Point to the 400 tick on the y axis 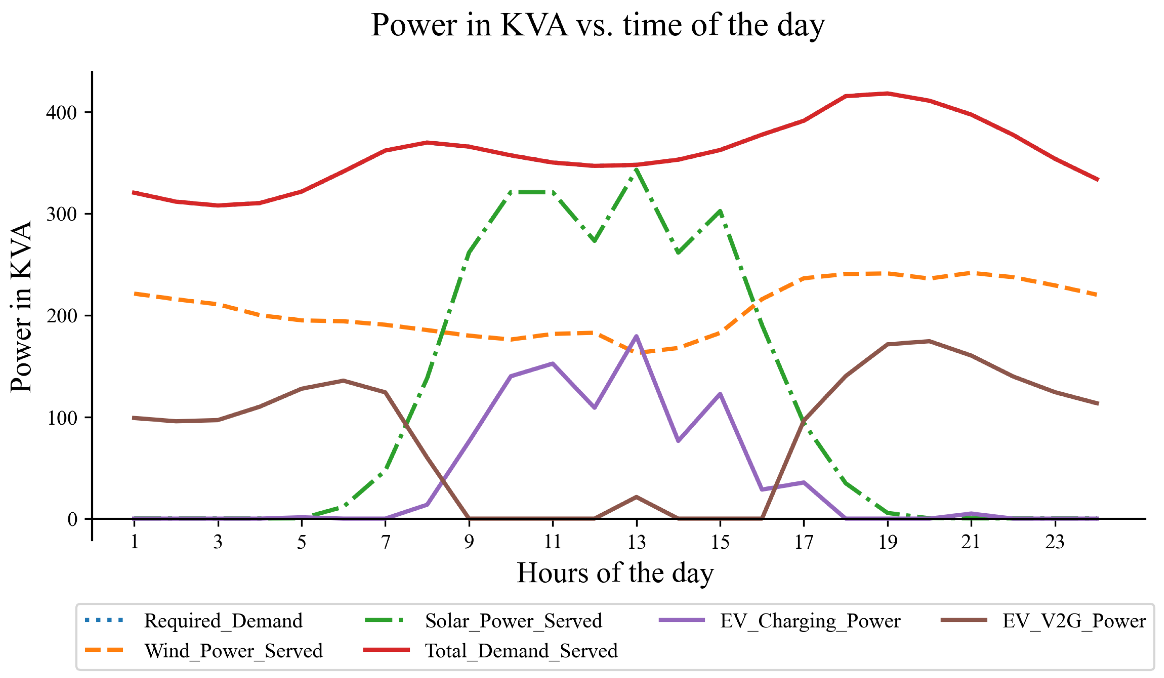(61, 112)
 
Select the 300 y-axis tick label (61, 214)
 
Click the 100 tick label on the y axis (61, 417)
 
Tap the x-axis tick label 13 (636, 542)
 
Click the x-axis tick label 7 (385, 542)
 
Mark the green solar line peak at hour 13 (636, 170)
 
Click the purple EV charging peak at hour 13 (636, 336)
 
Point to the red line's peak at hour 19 (887, 93)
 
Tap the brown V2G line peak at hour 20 (929, 341)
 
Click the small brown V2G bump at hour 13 (636, 497)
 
